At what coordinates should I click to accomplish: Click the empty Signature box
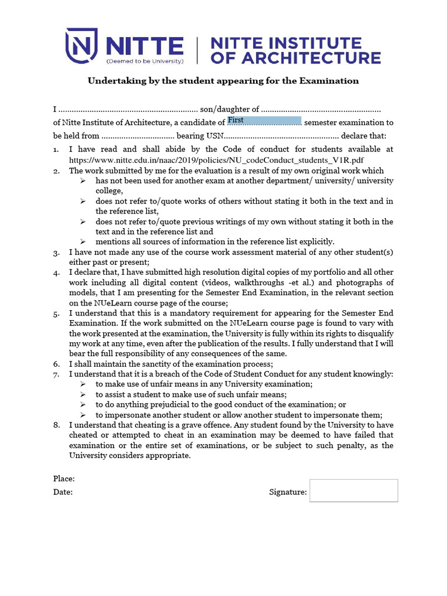353,491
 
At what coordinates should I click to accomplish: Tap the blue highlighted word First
236,120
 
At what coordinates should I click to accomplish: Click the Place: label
64,478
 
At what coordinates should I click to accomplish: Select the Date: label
63,492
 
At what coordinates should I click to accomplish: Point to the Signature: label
288,492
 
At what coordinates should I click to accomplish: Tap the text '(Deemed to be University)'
144,61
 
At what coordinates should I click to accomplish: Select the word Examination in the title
329,81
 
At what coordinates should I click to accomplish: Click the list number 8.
56,425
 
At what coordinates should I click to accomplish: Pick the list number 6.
56,364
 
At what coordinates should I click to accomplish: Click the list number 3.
56,253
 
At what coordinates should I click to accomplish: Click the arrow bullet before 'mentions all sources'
83,242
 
